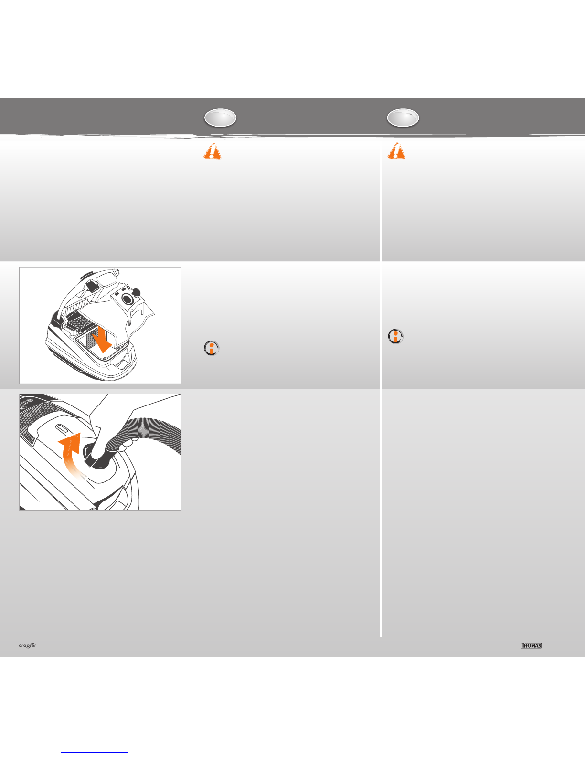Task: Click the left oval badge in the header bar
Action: tap(220, 118)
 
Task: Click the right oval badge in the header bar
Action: tap(403, 118)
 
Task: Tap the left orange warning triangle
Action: tap(213, 151)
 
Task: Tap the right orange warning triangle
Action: tap(397, 151)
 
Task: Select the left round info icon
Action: tap(212, 348)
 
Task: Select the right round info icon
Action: tap(395, 337)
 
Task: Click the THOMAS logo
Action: tap(531, 646)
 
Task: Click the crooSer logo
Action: tap(28, 646)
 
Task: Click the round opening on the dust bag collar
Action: tap(127, 299)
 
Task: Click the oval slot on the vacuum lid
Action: tap(63, 429)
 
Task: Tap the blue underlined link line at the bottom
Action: tap(95, 752)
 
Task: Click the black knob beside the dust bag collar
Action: tap(137, 292)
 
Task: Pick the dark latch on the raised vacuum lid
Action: tap(91, 287)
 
